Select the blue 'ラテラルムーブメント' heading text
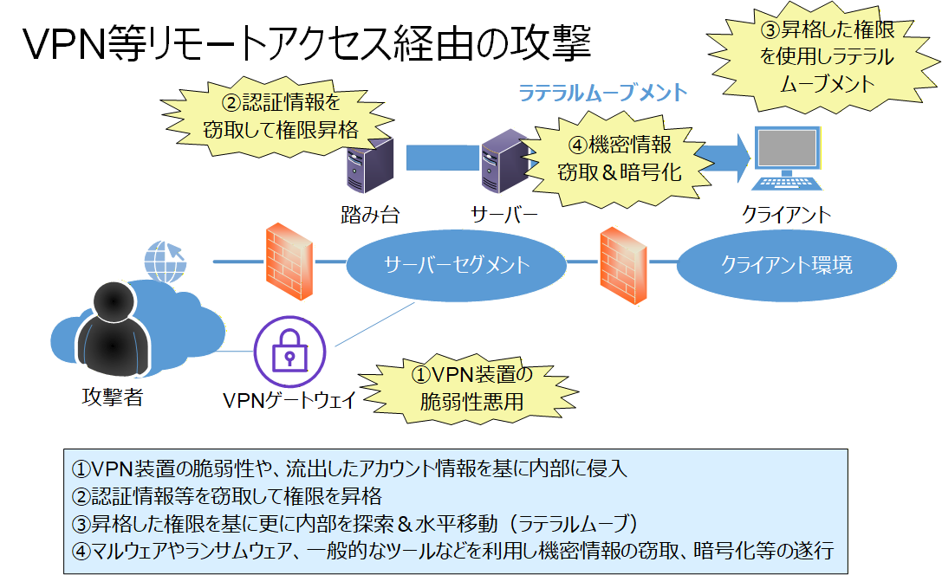point(602,92)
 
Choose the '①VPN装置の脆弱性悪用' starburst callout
point(471,388)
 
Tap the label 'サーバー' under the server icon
point(504,214)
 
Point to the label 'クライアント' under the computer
point(785,214)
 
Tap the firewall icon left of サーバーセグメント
point(288,262)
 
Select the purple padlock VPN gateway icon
point(289,352)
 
